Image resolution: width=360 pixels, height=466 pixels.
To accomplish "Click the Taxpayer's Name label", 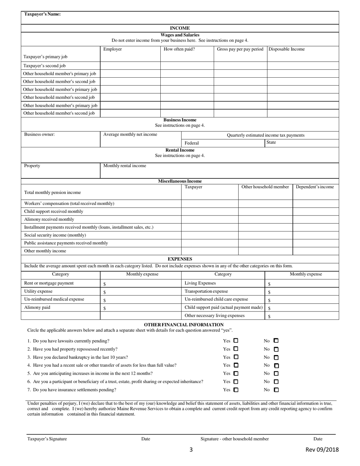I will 42,14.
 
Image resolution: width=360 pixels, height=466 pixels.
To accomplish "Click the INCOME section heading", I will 180,28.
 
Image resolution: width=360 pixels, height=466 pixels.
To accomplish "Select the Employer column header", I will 112,49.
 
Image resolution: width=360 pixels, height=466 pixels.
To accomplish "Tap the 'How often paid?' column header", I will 179,49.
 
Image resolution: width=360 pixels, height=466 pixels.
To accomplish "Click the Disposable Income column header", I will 286,49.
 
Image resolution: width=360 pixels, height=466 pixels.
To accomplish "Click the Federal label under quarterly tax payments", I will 192,143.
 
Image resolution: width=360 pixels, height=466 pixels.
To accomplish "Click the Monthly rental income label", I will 125,166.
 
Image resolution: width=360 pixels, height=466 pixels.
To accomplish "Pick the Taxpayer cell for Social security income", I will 210,235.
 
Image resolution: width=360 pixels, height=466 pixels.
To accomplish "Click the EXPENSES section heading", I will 180,259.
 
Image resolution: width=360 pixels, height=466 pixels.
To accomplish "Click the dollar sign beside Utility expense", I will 105,292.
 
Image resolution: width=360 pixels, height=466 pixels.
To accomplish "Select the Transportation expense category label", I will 206,291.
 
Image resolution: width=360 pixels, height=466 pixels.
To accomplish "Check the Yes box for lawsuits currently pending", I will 236,341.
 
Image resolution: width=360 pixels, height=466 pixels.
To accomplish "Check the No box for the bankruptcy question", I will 276,357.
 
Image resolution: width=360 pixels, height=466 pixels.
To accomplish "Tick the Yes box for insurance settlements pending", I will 236,389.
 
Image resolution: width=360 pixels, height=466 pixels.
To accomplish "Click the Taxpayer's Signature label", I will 47,439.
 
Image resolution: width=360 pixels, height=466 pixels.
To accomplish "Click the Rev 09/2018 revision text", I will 322,450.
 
